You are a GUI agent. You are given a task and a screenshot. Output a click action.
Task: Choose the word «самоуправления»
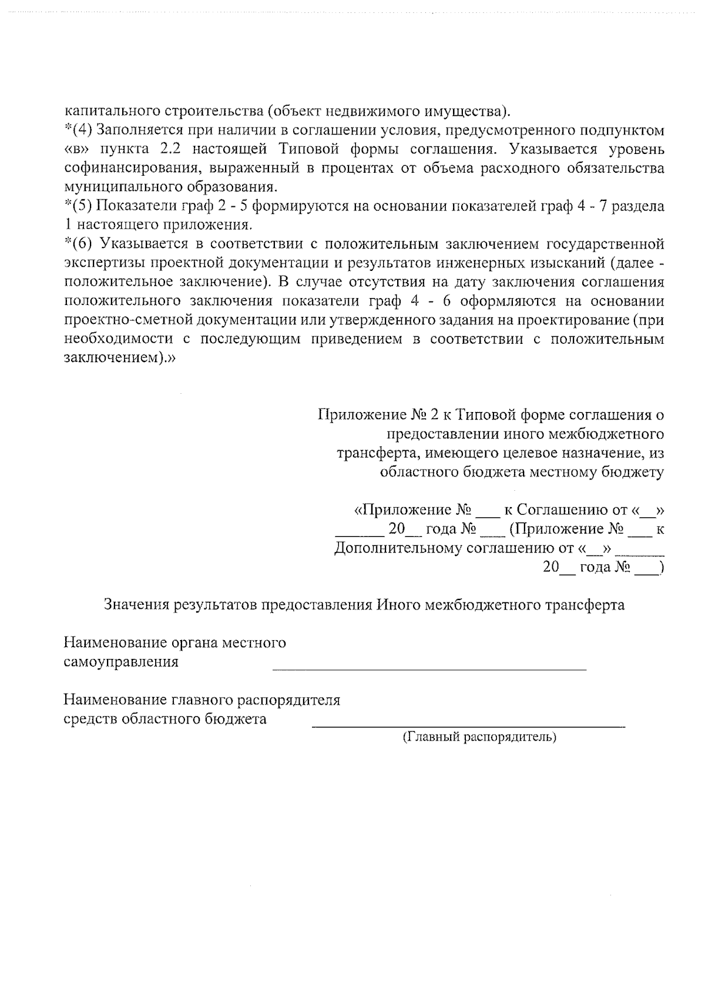(x=121, y=662)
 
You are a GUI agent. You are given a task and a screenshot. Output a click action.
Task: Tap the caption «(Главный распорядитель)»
(x=479, y=737)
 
